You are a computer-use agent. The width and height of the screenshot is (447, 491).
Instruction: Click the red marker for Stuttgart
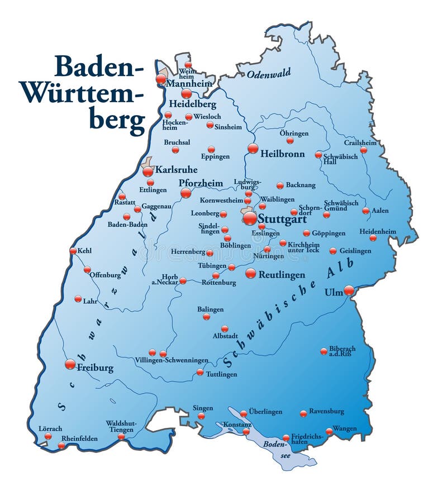250,218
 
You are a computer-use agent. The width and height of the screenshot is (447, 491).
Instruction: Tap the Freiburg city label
95,368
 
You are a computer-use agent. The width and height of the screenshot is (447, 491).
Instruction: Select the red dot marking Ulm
349,290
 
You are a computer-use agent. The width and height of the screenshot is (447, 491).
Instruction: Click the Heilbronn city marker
253,148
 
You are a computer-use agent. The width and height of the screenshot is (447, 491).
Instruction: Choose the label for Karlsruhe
175,169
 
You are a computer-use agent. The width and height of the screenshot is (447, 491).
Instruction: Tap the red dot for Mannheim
161,79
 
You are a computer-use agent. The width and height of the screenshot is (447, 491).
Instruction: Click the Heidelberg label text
192,104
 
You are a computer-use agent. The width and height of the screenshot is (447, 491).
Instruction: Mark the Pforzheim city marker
186,193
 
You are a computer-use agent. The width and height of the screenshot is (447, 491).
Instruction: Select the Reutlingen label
283,275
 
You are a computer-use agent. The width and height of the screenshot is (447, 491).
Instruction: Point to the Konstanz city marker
246,431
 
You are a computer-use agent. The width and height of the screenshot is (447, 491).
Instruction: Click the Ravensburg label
326,411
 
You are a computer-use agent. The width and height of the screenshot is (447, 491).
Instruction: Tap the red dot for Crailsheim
364,150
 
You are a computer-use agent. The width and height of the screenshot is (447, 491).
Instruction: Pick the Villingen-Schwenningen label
172,361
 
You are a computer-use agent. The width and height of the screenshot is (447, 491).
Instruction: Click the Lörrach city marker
48,436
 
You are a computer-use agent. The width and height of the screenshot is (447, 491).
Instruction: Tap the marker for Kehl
73,251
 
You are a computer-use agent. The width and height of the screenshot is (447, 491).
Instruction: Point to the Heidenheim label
378,231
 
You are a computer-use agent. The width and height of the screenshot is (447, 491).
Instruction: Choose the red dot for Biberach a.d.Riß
324,351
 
